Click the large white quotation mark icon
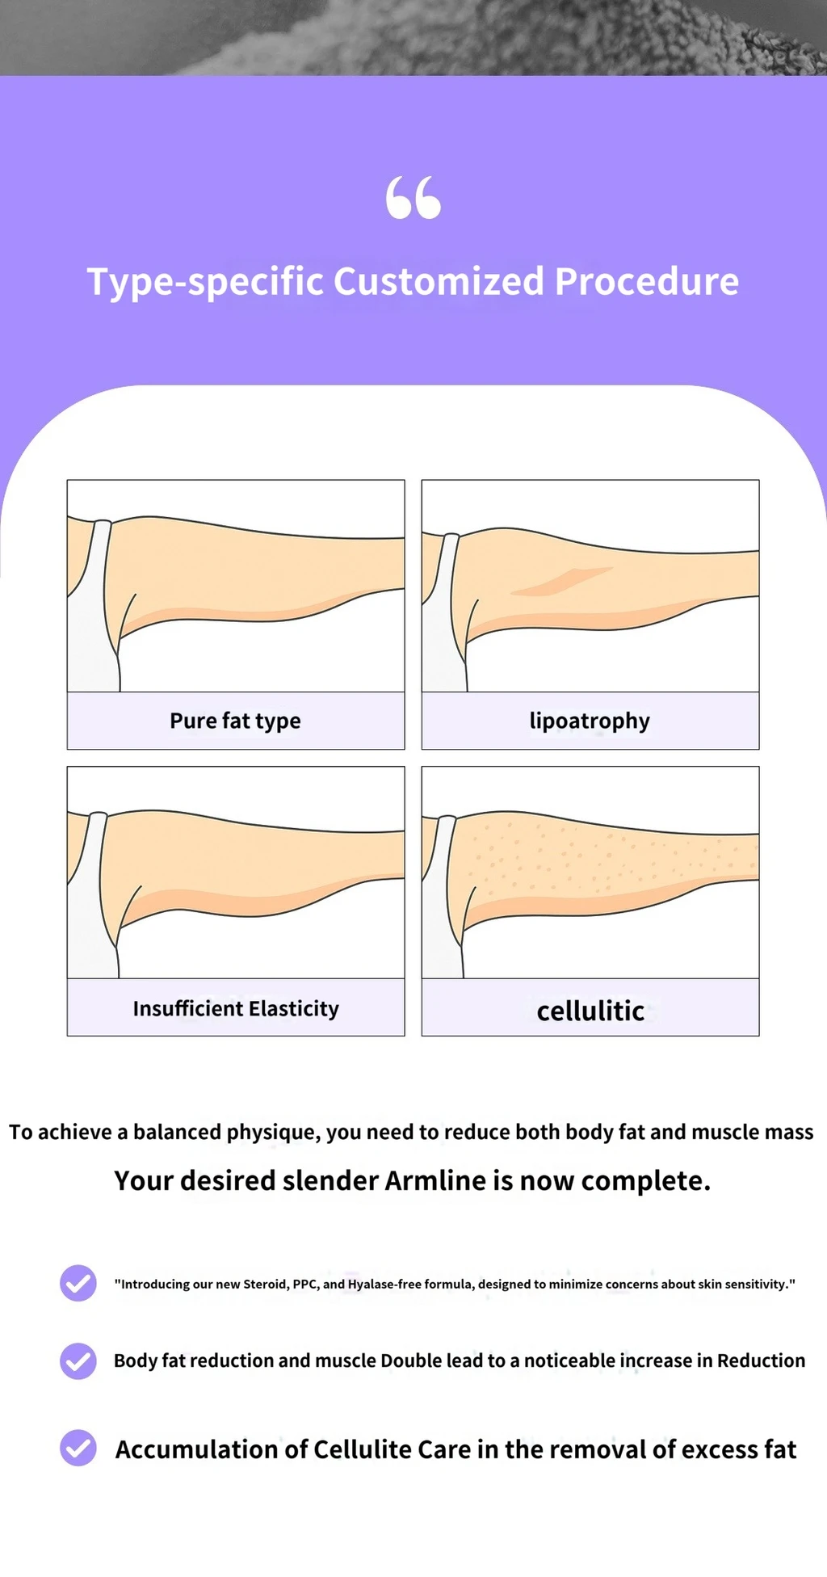(x=413, y=198)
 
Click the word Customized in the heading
(x=439, y=281)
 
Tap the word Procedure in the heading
(x=647, y=281)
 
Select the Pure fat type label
(x=235, y=721)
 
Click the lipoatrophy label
(x=590, y=721)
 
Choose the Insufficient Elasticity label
(x=236, y=1008)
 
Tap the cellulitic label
(x=590, y=1011)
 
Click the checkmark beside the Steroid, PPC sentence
(x=78, y=1283)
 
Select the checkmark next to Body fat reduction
(x=78, y=1361)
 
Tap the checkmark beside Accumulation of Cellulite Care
(x=78, y=1448)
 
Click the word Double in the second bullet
(x=410, y=1360)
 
